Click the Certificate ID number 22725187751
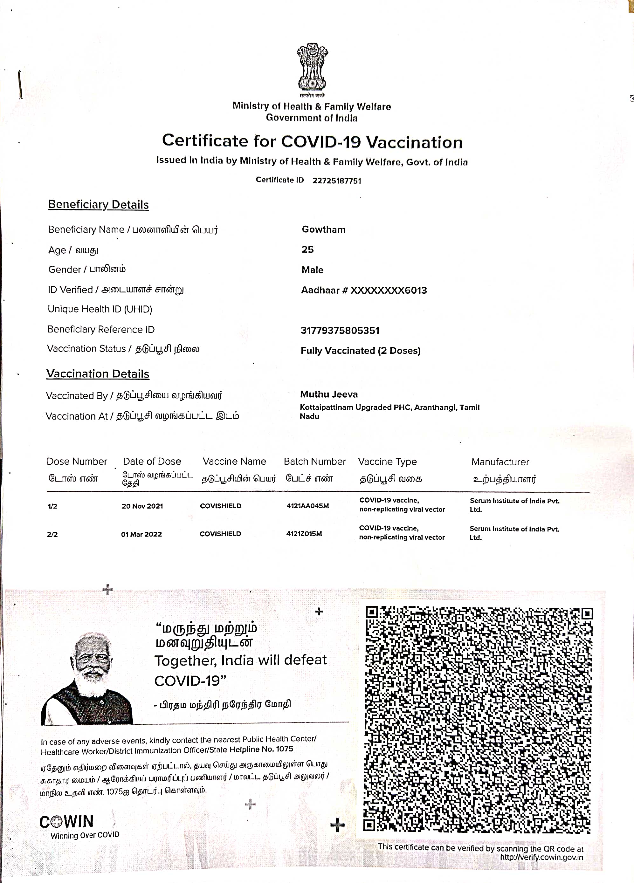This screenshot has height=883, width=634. point(336,181)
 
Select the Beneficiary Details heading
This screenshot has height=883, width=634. point(98,205)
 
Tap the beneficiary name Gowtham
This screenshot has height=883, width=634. point(323,230)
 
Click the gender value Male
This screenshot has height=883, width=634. point(312,270)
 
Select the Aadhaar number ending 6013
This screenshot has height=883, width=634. point(364,290)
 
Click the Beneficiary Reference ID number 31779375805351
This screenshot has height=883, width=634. point(340,331)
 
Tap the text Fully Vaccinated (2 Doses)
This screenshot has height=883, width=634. point(360,350)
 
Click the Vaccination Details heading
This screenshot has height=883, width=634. point(97,374)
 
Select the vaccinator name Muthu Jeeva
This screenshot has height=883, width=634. point(329,394)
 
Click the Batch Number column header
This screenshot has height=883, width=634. point(315,461)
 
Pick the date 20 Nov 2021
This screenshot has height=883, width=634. point(142,506)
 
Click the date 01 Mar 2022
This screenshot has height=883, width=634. point(141,534)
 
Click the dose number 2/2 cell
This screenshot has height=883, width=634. point(52,535)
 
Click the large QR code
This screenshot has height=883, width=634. point(478,720)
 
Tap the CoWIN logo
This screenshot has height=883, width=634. point(66,821)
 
